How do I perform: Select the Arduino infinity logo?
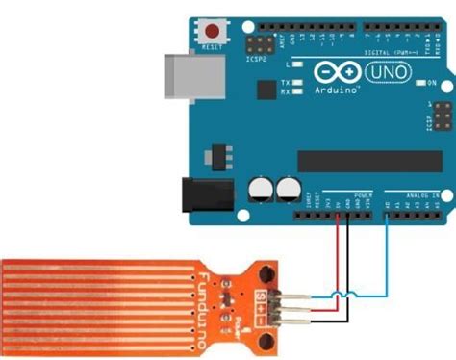coord(326,71)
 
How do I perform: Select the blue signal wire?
coord(385,260)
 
